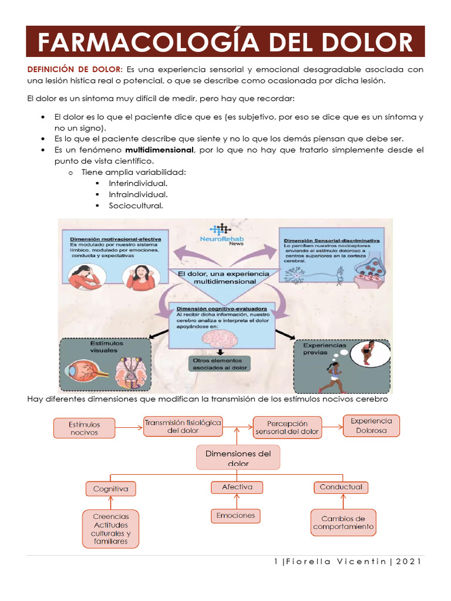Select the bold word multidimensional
[163, 150]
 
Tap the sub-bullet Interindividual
[137, 183]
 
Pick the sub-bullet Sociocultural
[136, 205]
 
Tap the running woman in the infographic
[331, 376]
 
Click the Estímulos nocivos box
[85, 428]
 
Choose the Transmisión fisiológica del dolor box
[183, 427]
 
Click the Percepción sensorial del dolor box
[287, 428]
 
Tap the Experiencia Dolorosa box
[371, 426]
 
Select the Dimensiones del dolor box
[238, 458]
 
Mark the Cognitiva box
[110, 488]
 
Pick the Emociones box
[235, 515]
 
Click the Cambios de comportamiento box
[343, 522]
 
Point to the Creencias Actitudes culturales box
[110, 529]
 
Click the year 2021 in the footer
[409, 562]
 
